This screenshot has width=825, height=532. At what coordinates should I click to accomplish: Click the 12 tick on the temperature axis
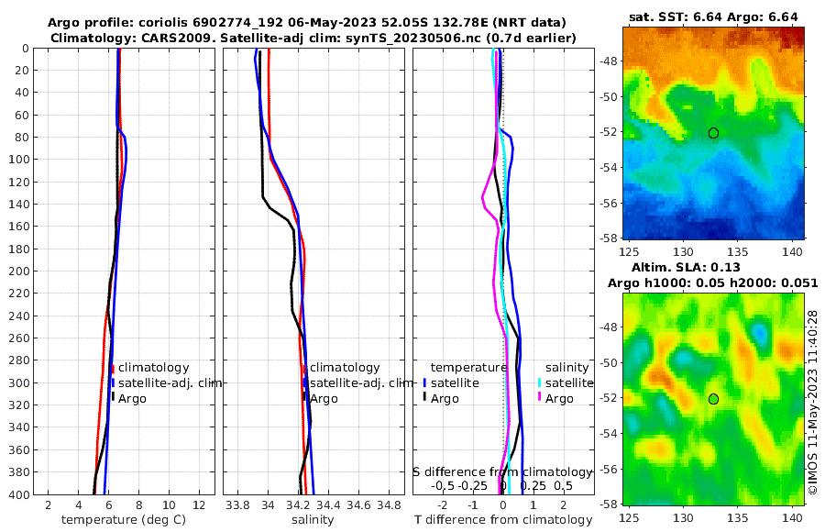point(199,504)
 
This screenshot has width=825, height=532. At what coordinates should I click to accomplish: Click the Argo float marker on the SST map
point(713,133)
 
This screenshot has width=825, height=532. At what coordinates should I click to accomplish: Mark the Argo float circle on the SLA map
point(713,398)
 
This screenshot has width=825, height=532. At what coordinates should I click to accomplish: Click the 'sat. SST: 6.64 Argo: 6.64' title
point(715,17)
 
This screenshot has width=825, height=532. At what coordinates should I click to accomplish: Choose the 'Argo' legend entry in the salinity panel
point(324,399)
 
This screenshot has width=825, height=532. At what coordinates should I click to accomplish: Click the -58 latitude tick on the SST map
point(608,238)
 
